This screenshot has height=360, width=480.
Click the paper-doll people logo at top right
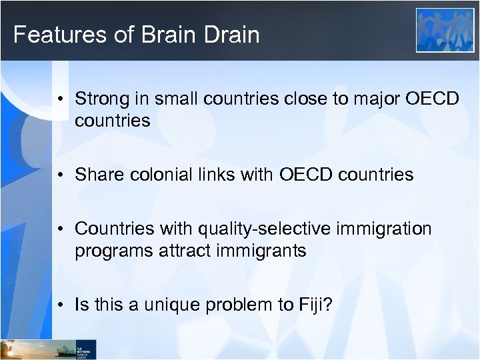click(445, 30)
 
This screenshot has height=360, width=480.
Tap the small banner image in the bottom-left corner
click(48, 349)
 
